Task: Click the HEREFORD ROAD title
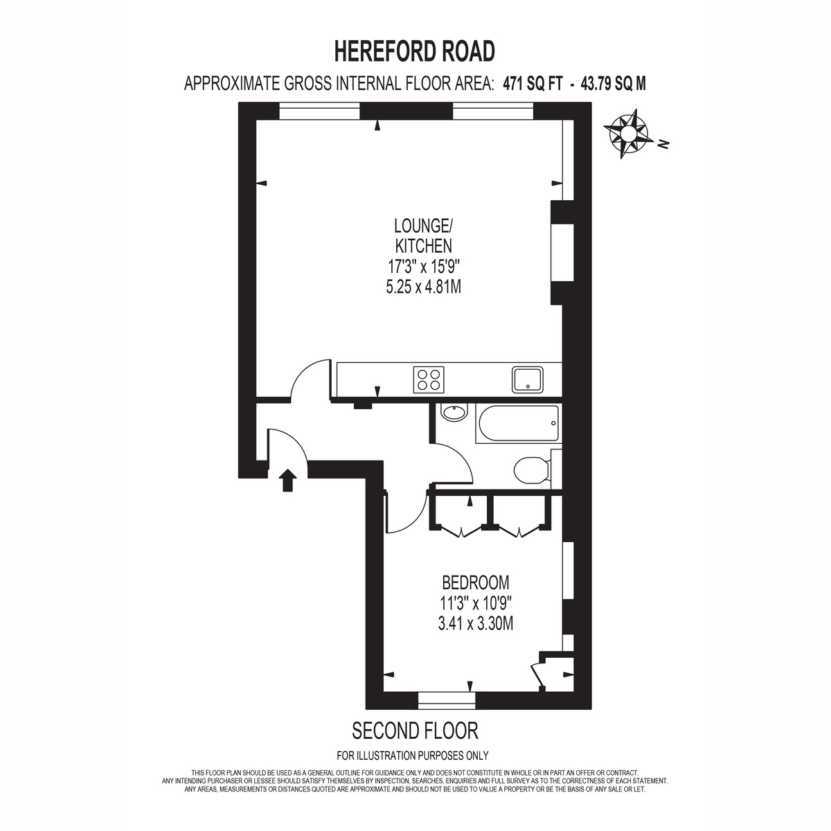[x=414, y=51]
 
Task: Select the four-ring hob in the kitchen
[x=429, y=379]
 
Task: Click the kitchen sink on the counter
[x=528, y=379]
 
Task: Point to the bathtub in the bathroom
[x=519, y=424]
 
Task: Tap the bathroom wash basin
[x=454, y=412]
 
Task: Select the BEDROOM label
[x=475, y=583]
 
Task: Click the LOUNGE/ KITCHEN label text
[x=424, y=235]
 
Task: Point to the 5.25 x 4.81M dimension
[x=424, y=287]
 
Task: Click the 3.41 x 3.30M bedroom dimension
[x=475, y=623]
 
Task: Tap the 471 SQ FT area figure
[x=533, y=84]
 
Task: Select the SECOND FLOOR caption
[x=415, y=731]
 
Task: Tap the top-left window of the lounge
[x=319, y=111]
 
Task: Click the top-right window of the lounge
[x=493, y=111]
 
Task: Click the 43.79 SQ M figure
[x=614, y=84]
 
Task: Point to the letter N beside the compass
[x=663, y=144]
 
